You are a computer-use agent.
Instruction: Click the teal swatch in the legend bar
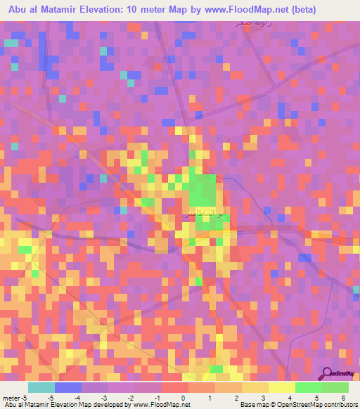(x=41, y=387)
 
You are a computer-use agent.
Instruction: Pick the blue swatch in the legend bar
(x=67, y=387)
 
